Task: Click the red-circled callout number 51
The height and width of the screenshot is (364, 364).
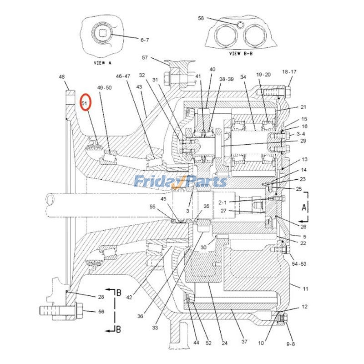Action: (85, 103)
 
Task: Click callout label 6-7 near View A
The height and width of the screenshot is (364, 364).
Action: (144, 40)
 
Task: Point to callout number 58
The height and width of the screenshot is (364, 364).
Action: (201, 18)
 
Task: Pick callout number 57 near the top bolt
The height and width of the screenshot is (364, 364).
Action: (145, 58)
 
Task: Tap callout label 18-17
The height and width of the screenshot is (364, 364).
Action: (289, 72)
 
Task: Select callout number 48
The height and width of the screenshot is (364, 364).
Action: (62, 77)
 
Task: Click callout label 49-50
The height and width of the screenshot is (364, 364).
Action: (104, 87)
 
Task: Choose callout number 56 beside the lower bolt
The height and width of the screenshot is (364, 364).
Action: (101, 312)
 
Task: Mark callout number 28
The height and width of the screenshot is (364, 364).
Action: (101, 297)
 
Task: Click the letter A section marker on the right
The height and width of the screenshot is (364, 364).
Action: (303, 207)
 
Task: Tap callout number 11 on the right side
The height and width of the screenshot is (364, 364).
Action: (305, 288)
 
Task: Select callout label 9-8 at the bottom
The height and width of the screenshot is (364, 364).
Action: (290, 344)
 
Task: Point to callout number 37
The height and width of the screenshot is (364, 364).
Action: (244, 342)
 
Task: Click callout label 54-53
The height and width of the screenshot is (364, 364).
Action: (299, 264)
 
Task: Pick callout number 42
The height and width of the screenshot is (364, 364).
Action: (129, 298)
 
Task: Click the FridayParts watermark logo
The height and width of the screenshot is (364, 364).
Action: (180, 182)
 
